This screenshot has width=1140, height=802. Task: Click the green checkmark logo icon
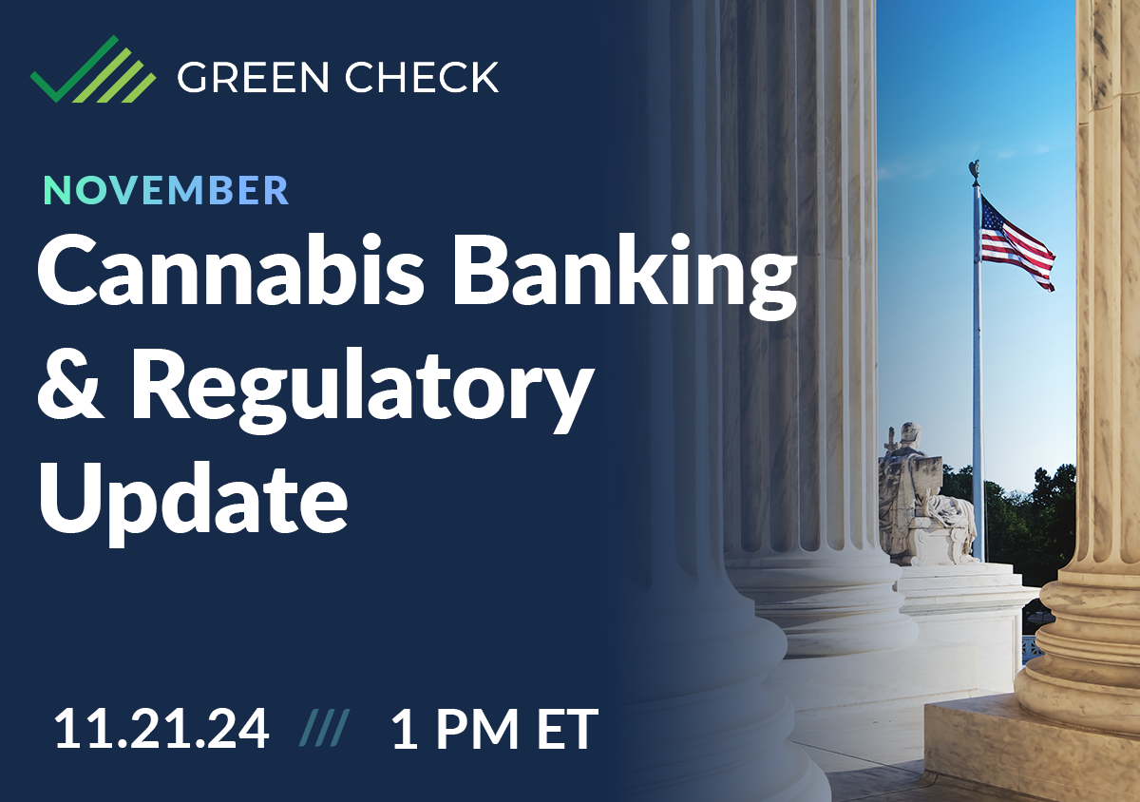click(93, 70)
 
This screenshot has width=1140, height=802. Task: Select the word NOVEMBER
click(166, 190)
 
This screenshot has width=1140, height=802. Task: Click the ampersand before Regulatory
click(74, 390)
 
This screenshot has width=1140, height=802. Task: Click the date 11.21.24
click(161, 730)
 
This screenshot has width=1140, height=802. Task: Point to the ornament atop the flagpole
click(974, 172)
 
